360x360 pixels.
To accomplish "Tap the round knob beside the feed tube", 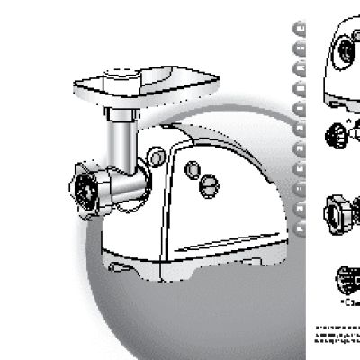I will [157, 158].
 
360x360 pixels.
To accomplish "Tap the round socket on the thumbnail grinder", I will [344, 56].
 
